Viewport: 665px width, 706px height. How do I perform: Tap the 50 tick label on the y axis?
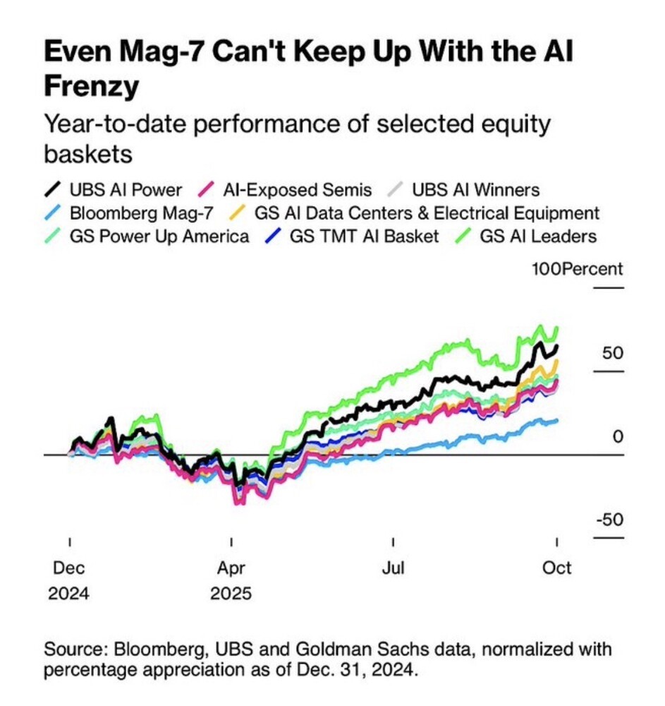pyautogui.click(x=610, y=353)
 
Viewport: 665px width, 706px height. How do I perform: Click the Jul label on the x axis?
pyautogui.click(x=393, y=568)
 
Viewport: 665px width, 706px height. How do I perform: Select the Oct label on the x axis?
pyautogui.click(x=557, y=568)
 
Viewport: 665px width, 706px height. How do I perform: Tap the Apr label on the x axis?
pyautogui.click(x=231, y=568)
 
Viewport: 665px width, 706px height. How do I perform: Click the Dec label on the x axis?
pyautogui.click(x=69, y=568)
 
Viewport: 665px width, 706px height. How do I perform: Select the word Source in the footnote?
pyautogui.click(x=73, y=649)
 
